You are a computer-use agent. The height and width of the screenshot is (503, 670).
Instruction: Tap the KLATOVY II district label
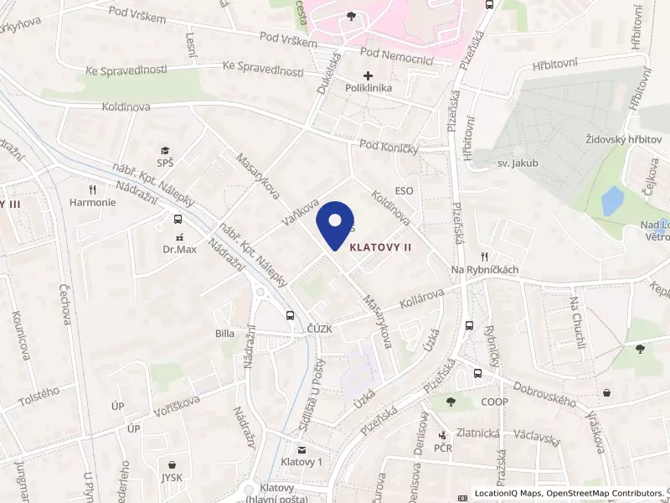tap(380, 247)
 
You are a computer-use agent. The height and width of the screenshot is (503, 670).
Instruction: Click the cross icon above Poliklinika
tap(368, 76)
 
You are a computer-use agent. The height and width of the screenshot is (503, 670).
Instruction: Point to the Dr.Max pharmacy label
tap(178, 249)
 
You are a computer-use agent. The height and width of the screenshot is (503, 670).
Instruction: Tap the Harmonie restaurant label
tap(93, 202)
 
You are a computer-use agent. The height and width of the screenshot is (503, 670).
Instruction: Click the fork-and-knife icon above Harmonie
tap(93, 189)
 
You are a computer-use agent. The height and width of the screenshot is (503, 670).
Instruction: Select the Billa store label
tap(224, 333)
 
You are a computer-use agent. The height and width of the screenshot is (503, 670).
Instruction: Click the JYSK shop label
tap(173, 477)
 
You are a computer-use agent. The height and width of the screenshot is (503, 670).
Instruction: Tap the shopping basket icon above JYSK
tap(173, 464)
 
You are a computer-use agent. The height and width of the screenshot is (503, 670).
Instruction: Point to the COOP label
tap(494, 402)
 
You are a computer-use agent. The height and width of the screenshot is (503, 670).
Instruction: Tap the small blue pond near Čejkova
tap(612, 201)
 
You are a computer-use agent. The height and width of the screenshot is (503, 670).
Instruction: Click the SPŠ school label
tap(165, 163)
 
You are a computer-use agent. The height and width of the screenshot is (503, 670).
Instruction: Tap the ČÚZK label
tap(319, 329)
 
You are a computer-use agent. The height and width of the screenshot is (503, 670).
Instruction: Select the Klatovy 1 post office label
tap(302, 462)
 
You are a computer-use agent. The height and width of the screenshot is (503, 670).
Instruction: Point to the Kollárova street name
tap(421, 298)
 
